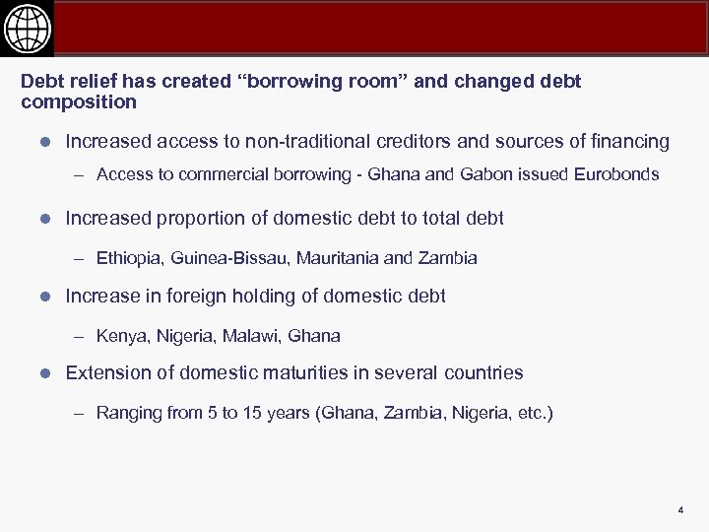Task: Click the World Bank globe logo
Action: pyautogui.click(x=27, y=29)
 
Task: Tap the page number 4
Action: pyautogui.click(x=679, y=509)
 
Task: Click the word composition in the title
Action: pyautogui.click(x=79, y=102)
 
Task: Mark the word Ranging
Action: pyautogui.click(x=129, y=414)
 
